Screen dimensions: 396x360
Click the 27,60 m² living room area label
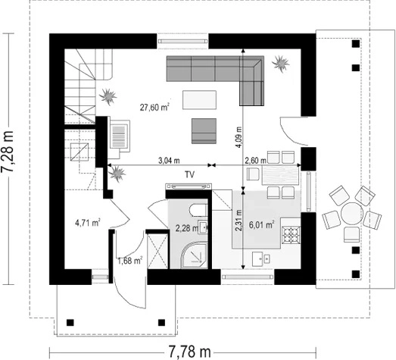(154, 107)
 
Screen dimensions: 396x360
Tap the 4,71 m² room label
(88, 223)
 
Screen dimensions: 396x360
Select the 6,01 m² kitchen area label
(262, 224)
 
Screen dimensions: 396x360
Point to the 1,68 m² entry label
(130, 260)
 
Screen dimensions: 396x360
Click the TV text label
(189, 174)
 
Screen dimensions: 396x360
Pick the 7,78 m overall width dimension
(189, 352)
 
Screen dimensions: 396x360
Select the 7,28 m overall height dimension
(8, 152)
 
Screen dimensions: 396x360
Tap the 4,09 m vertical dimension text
(239, 136)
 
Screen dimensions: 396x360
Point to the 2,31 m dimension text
(239, 221)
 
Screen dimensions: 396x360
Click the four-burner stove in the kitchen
(292, 235)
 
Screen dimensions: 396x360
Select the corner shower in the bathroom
(194, 255)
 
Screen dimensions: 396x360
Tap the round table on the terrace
(351, 214)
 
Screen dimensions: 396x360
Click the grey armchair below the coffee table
(204, 131)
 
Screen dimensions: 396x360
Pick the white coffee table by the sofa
(200, 100)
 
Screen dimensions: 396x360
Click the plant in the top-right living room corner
(280, 63)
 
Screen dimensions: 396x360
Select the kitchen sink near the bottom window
(261, 259)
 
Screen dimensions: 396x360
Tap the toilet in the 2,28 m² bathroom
(198, 211)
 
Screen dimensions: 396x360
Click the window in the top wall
(182, 41)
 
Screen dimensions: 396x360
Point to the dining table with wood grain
(280, 174)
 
